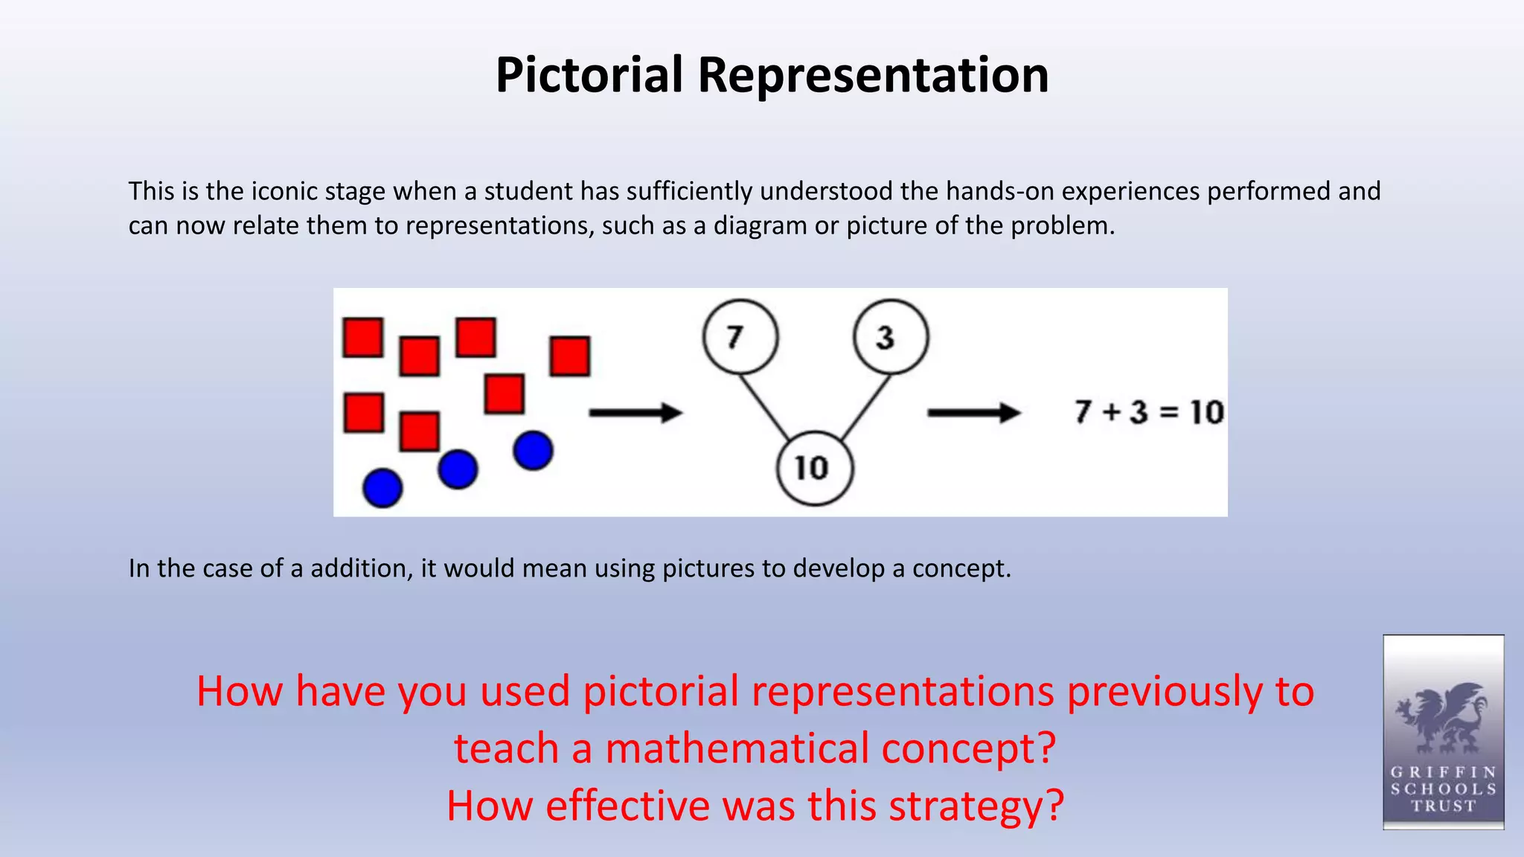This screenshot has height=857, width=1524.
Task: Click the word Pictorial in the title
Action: (589, 75)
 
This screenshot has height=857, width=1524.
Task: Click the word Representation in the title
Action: (873, 75)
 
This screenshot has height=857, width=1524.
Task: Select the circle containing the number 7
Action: (740, 337)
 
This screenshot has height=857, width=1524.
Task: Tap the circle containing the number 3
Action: (891, 337)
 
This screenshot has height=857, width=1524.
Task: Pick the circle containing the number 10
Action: (815, 469)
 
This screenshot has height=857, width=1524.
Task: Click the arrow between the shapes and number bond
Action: (635, 412)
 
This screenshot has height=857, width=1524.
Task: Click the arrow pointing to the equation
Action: (973, 412)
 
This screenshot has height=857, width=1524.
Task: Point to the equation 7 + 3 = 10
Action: (1149, 412)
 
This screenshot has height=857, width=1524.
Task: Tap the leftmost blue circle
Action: (382, 488)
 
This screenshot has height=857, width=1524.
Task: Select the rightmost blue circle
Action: (533, 450)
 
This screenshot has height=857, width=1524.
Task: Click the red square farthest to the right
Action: (570, 356)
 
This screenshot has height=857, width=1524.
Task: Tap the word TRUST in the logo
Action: (1443, 806)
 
